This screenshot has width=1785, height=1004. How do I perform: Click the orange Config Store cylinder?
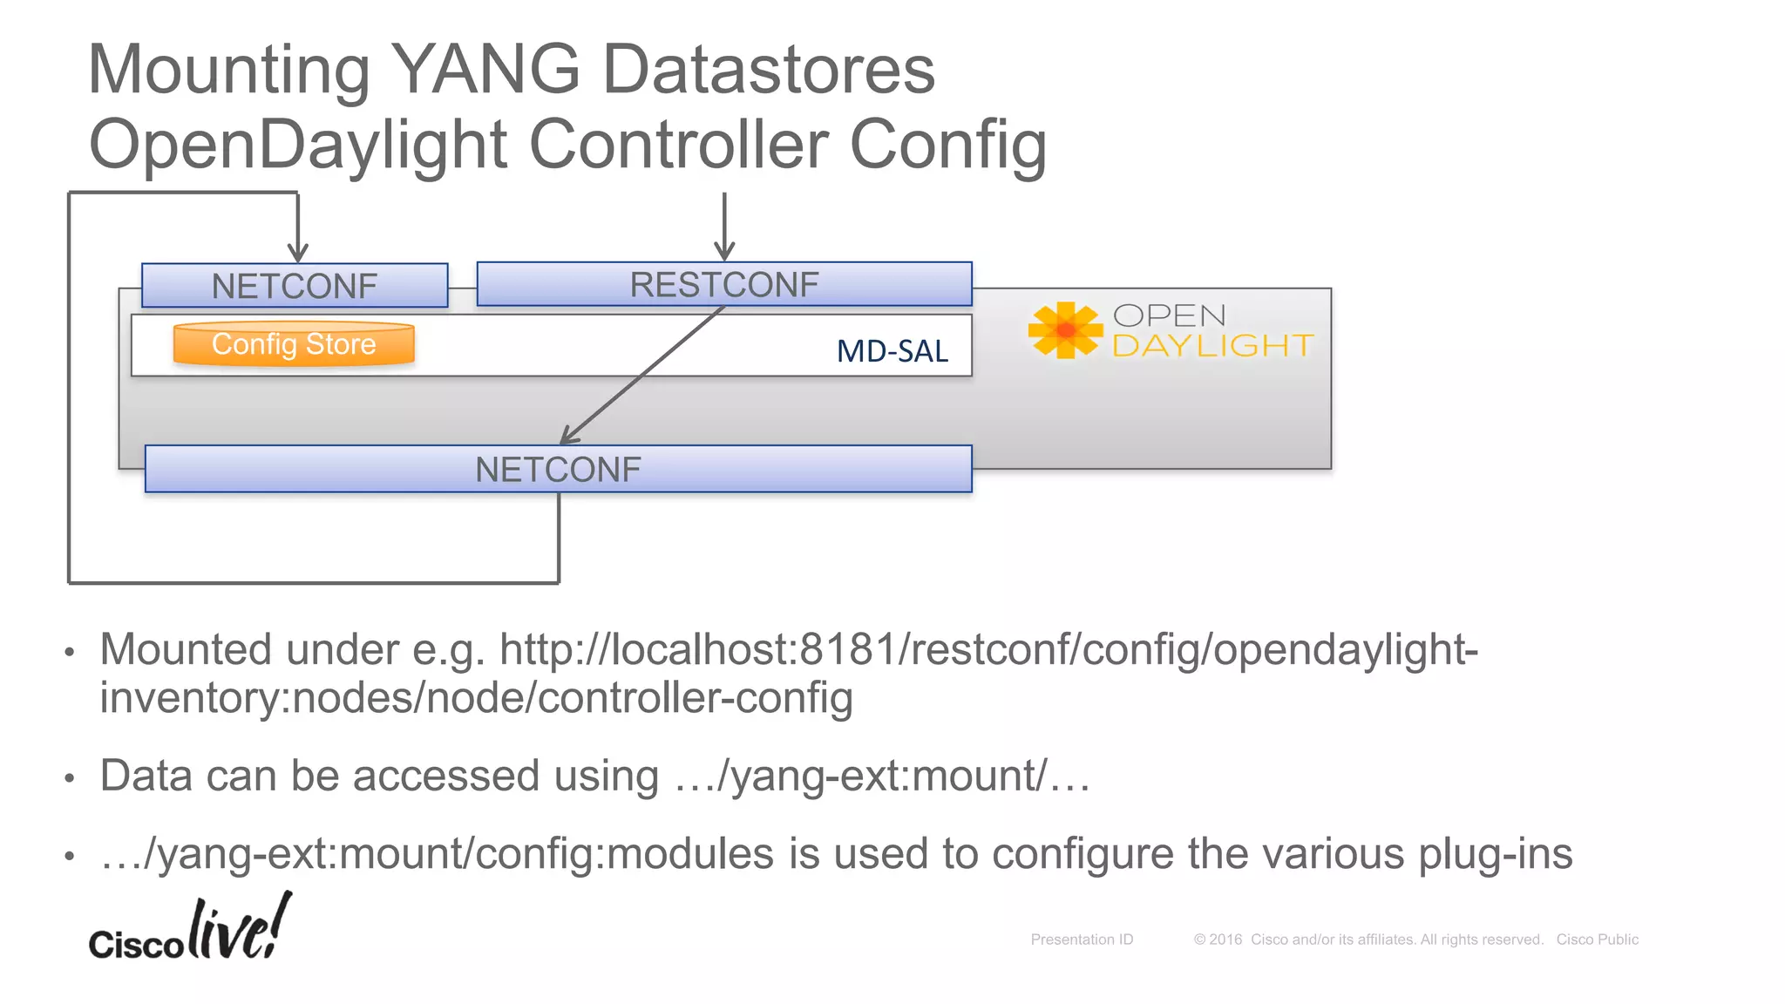pos(294,344)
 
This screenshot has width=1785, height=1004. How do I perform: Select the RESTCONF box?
pos(723,284)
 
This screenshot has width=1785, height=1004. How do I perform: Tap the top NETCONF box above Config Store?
pos(295,286)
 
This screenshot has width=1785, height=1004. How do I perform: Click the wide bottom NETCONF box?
pos(558,470)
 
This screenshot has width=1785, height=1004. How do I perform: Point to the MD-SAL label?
pos(892,351)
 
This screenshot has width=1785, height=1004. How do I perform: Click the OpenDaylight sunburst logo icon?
pos(1065,330)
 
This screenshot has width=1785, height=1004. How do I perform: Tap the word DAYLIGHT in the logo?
pos(1212,346)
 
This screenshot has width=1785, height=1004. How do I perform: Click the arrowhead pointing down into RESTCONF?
pos(724,252)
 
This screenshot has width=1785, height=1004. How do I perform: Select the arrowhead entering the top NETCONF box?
pos(298,254)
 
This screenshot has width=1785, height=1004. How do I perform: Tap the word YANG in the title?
pos(485,70)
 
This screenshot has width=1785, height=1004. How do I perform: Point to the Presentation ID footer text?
pos(1082,940)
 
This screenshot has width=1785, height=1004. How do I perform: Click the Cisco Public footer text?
pos(1597,940)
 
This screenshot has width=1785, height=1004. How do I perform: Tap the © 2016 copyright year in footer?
pos(1218,940)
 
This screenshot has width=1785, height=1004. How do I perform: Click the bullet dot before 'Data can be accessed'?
pos(70,777)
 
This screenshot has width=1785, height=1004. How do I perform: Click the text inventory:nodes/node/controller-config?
pos(476,698)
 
